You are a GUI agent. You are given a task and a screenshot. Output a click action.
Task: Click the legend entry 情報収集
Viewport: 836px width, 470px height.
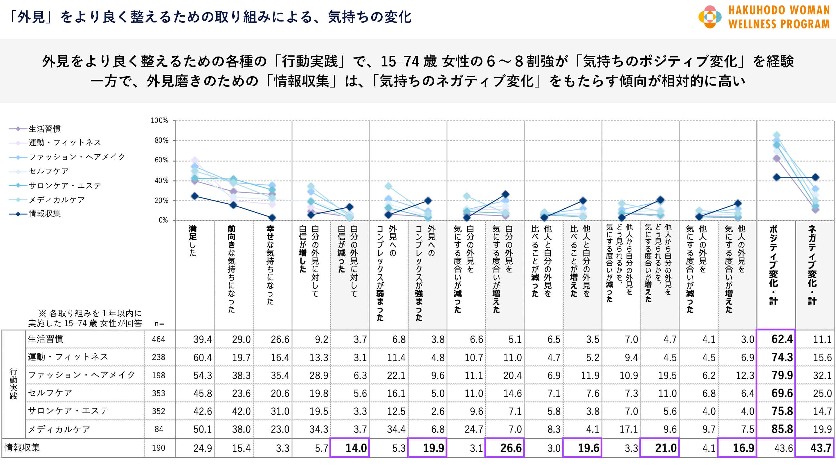(x=44, y=214)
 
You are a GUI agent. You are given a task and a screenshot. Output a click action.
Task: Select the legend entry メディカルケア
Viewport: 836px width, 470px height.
(x=57, y=200)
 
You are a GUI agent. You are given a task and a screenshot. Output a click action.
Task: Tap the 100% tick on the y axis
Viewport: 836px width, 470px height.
(x=159, y=121)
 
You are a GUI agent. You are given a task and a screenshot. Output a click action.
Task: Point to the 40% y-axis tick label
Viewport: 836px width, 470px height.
(x=161, y=181)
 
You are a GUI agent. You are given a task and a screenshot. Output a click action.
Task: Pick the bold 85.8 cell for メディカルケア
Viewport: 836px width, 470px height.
(x=782, y=429)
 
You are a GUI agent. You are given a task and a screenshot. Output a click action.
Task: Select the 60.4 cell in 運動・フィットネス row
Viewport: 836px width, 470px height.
(x=203, y=357)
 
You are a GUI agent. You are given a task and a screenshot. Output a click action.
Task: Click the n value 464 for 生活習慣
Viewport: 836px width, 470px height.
(x=158, y=339)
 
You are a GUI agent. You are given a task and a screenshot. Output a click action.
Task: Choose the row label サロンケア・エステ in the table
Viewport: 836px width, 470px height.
(x=68, y=411)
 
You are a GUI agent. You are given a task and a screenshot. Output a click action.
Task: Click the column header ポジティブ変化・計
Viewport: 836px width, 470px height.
(x=773, y=264)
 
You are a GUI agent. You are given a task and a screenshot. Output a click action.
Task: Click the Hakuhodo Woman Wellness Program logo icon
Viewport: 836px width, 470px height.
(x=710, y=17)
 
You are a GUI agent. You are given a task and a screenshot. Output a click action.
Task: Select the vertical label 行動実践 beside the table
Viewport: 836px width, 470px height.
(x=13, y=384)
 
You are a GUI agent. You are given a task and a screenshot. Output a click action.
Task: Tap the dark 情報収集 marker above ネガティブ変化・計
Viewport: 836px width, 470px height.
(x=815, y=178)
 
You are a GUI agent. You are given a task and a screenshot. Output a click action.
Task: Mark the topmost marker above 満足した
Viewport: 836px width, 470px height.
(x=195, y=160)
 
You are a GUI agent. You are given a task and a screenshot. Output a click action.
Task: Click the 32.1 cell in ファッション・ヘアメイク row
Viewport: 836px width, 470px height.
(x=822, y=375)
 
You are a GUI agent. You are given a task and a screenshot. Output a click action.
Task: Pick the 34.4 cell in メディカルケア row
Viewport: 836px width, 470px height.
(x=396, y=429)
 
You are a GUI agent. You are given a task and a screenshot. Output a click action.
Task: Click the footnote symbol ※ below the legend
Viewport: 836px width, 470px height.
(x=42, y=313)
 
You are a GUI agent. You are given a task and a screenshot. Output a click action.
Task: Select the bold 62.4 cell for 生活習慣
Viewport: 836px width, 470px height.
(x=782, y=339)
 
